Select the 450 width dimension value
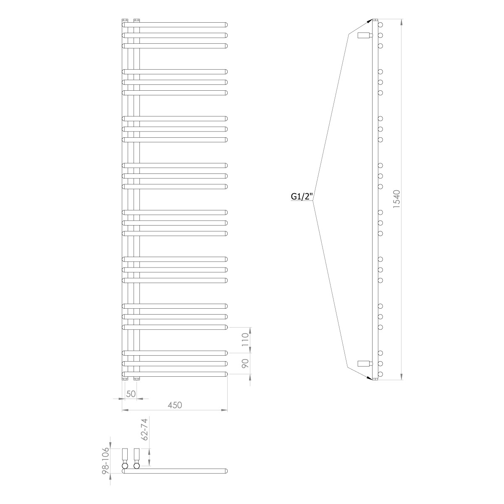point(174,405)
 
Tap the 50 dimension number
point(131,394)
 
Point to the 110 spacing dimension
point(245,339)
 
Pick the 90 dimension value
point(245,363)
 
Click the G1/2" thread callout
point(302,197)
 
